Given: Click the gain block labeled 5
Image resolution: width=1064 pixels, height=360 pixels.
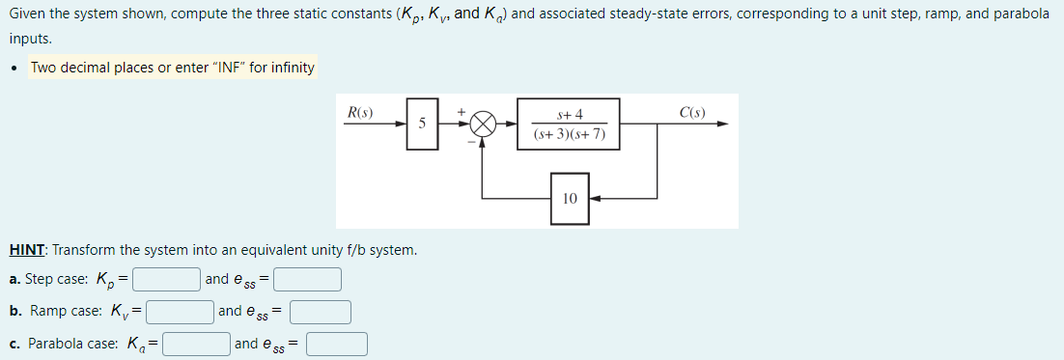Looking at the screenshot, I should [x=422, y=124].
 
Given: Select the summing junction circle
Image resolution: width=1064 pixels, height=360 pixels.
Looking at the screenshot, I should [x=484, y=125].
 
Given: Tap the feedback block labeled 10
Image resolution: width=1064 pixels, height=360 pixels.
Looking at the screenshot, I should [x=569, y=198].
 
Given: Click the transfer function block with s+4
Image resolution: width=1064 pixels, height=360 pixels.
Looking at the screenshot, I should [x=569, y=124].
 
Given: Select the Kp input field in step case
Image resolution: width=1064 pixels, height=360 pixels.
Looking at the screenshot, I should [x=167, y=280].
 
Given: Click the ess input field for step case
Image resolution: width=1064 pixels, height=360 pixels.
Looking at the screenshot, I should [x=308, y=280].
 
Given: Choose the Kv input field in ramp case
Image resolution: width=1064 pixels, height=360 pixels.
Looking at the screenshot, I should [x=180, y=312].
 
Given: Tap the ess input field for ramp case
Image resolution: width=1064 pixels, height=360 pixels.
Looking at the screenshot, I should [x=321, y=312].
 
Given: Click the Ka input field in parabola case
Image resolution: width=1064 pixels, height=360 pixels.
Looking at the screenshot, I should [x=196, y=344].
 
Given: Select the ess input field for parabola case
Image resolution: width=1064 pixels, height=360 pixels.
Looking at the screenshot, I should [x=337, y=344].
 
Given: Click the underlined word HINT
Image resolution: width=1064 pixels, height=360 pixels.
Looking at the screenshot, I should [x=27, y=250].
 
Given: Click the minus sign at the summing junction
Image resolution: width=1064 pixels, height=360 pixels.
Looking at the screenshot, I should [x=471, y=142].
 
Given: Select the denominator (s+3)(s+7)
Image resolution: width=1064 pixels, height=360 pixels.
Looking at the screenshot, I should [x=569, y=134].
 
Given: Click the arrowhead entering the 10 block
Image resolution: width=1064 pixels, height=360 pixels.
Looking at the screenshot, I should [x=594, y=198].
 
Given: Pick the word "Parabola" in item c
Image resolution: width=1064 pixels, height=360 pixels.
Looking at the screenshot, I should [x=56, y=344].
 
